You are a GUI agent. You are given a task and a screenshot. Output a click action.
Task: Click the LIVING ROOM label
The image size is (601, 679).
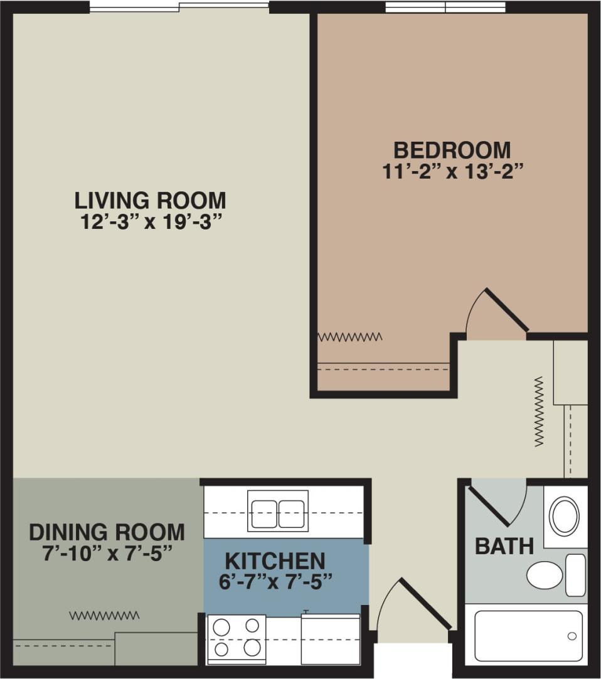click(150, 201)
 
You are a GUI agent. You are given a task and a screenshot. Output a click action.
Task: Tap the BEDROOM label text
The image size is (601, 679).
click(452, 150)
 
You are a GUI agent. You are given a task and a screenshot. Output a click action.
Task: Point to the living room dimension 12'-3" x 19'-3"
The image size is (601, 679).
click(150, 222)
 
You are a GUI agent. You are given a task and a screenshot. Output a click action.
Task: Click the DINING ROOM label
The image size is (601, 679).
click(107, 532)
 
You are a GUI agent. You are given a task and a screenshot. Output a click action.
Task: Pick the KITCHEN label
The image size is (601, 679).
click(275, 560)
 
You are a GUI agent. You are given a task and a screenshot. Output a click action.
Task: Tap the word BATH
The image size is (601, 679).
click(504, 546)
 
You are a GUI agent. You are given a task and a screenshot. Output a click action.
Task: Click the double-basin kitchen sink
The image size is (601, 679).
click(278, 513)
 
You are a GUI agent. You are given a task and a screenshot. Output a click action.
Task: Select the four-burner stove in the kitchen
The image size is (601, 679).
click(235, 638)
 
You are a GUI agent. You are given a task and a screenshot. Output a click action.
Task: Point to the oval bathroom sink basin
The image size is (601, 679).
click(564, 516)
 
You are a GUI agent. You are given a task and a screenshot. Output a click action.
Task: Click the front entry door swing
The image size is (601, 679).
click(411, 605)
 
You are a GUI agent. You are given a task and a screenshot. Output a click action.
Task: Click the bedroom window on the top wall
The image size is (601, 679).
click(445, 7)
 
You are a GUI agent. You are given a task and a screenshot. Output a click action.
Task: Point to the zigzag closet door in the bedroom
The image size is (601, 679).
click(349, 337)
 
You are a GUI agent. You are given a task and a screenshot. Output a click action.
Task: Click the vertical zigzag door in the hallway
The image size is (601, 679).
click(538, 411)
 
